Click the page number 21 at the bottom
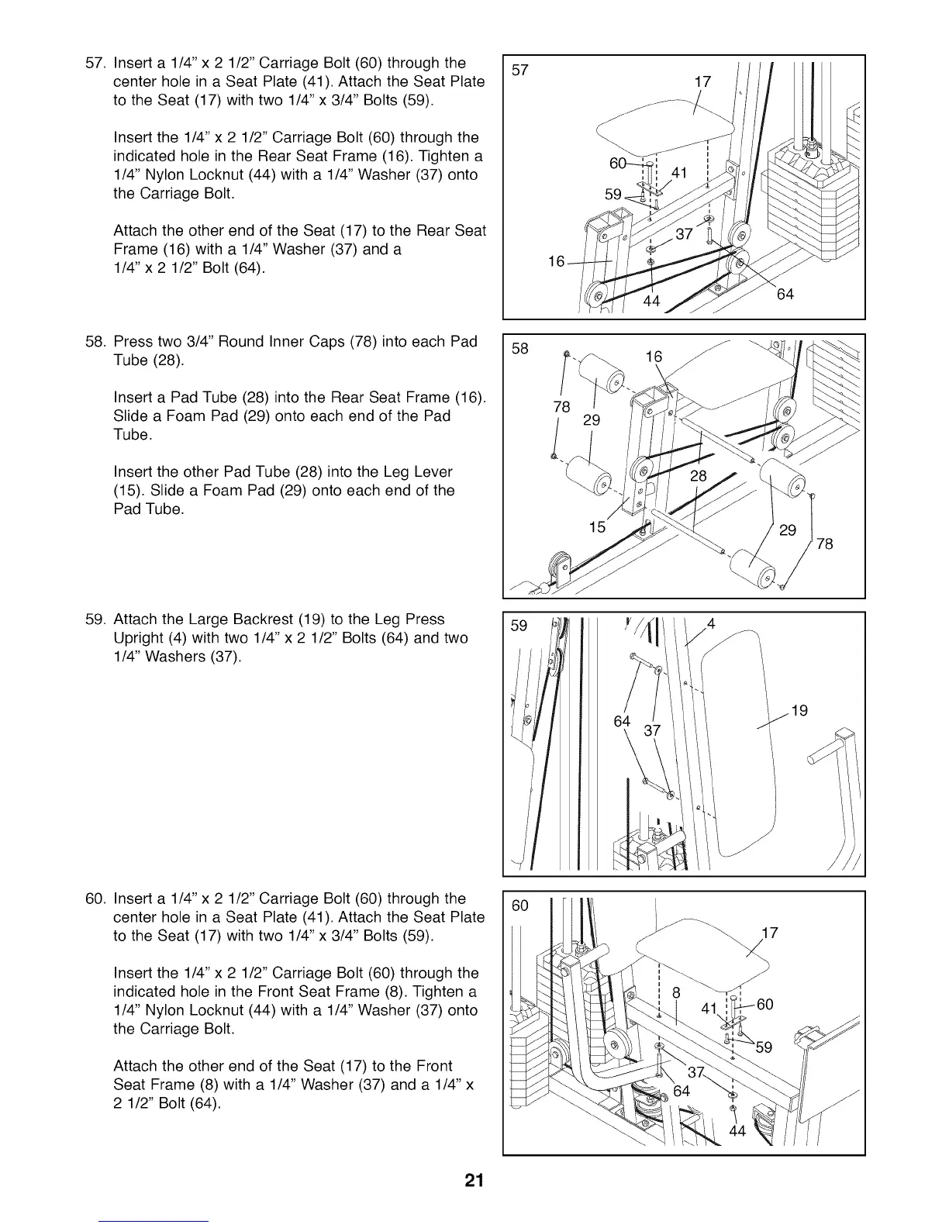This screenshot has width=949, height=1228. point(474,1181)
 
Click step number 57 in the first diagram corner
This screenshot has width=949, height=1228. point(521,70)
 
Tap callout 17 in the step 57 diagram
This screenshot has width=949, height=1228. point(702,83)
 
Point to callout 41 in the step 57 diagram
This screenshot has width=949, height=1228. point(680,173)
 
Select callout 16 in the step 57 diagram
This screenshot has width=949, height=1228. point(556,262)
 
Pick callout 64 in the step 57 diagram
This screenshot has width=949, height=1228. point(785,295)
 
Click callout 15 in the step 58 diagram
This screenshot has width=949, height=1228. point(597,527)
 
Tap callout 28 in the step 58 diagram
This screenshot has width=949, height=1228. point(699,476)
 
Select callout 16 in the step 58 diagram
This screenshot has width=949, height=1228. point(654,357)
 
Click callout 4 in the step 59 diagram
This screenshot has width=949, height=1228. point(710,623)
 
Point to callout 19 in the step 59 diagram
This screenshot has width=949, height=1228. point(799,710)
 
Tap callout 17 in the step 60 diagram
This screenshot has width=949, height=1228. point(770,933)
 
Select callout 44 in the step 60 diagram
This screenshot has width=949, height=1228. point(737,1131)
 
